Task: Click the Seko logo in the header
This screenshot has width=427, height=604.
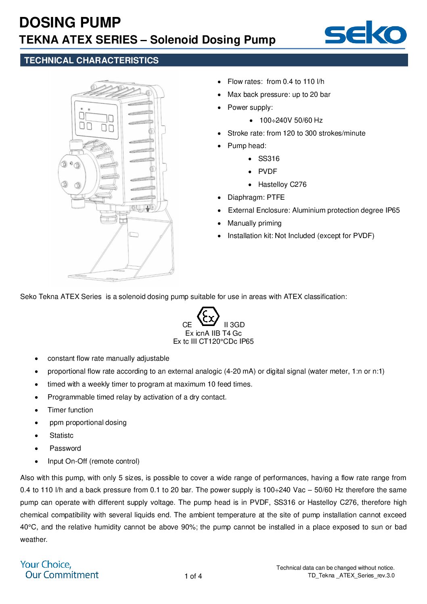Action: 365,33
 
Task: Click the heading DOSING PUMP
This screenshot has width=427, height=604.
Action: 70,23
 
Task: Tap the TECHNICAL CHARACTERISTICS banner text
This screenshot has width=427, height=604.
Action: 91,61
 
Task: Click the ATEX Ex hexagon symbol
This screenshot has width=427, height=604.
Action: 208,317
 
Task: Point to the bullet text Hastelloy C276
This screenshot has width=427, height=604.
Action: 282,184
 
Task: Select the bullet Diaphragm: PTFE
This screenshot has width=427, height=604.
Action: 256,197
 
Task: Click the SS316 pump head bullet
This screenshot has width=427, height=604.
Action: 269,159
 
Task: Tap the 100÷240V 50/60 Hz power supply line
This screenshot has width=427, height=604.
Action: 291,120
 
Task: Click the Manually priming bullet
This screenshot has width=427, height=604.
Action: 254,223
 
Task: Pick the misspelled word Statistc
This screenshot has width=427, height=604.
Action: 61,435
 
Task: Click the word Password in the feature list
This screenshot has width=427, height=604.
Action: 65,448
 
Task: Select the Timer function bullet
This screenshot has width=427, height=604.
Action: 70,410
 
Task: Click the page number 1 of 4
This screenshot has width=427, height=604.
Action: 193,576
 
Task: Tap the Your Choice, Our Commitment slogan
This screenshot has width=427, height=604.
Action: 59,570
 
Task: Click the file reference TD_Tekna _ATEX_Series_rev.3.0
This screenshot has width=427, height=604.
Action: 351,575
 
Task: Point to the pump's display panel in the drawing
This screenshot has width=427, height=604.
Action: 96,118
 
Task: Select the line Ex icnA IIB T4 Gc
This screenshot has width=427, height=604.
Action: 213,333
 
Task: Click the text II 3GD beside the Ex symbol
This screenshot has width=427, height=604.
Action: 234,325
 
